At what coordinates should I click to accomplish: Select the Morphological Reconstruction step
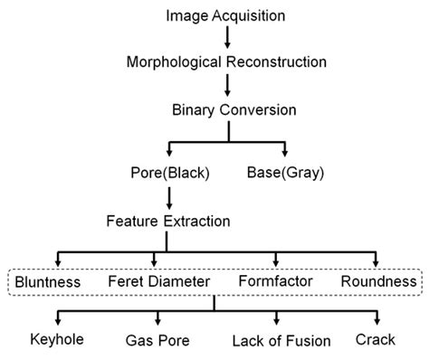click(x=228, y=63)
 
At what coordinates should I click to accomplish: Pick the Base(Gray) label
click(x=286, y=171)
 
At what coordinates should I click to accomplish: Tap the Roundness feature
click(x=377, y=282)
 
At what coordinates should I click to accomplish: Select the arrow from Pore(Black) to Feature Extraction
click(x=167, y=195)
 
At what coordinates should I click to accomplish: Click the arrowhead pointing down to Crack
click(x=379, y=322)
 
